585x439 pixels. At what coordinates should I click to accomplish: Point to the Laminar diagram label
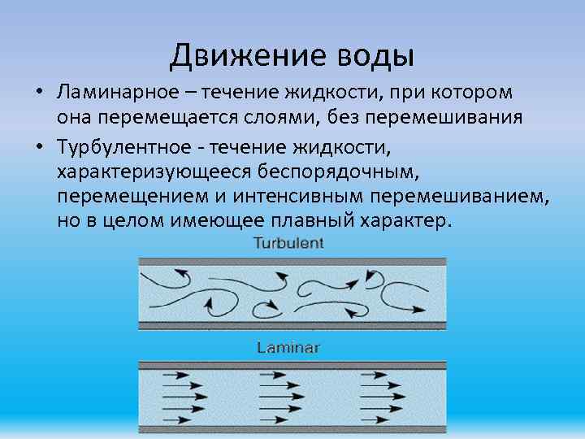pyautogui.click(x=288, y=348)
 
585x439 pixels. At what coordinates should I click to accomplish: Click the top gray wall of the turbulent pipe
pyautogui.click(x=292, y=262)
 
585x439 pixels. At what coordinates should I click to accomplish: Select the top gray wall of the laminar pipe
pyautogui.click(x=292, y=365)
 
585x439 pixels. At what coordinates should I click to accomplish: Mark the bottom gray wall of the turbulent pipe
pyautogui.click(x=292, y=325)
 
